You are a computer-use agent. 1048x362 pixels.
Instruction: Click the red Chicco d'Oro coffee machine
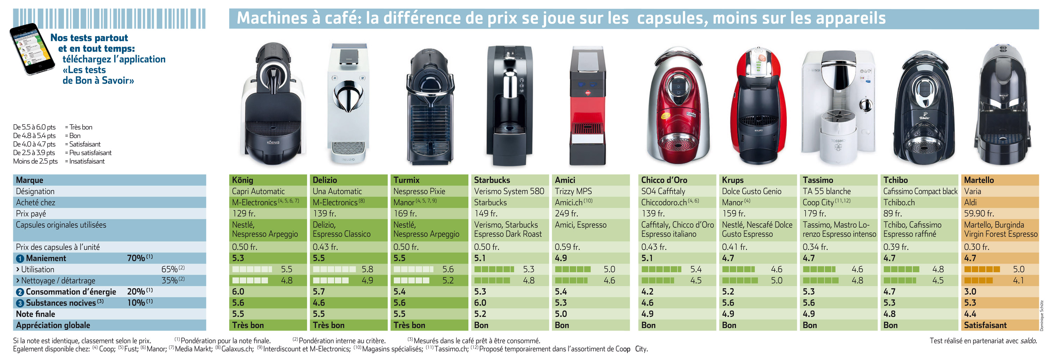677,106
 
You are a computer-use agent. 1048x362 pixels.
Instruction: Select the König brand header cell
242,180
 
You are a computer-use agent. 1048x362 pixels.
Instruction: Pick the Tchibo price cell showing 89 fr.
893,214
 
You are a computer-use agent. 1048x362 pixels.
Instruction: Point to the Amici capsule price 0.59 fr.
567,247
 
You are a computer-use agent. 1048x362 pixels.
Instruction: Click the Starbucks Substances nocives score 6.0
480,303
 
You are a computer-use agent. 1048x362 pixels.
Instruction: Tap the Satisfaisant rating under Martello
985,325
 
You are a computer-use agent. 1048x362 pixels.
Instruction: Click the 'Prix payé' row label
31,214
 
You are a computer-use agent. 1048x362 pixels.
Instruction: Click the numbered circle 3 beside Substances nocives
20,303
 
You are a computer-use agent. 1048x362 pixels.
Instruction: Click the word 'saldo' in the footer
1028,341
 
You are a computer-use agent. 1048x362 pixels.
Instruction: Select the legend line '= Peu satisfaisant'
88,153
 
